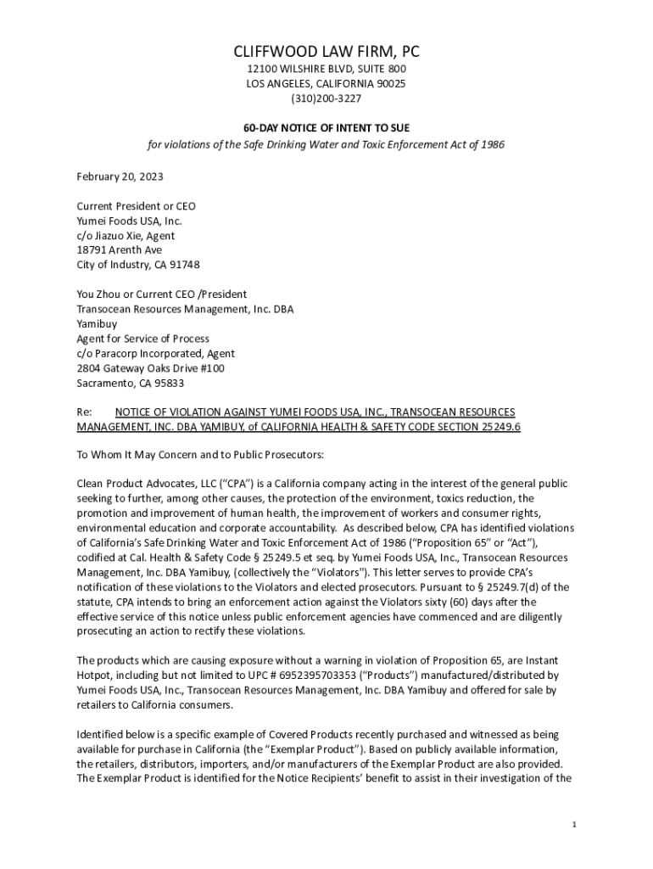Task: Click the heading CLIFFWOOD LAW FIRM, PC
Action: (326, 53)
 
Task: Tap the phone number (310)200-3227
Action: (326, 98)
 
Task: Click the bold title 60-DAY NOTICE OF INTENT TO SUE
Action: (326, 127)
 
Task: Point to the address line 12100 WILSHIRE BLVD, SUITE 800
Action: (326, 69)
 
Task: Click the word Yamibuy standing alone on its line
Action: (97, 323)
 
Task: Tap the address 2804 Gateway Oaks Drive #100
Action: (150, 367)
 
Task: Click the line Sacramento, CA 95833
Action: (130, 383)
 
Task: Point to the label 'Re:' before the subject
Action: (84, 411)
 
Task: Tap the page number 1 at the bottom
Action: (574, 824)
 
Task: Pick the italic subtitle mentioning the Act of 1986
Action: (326, 144)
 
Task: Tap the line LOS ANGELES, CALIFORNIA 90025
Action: (326, 83)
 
